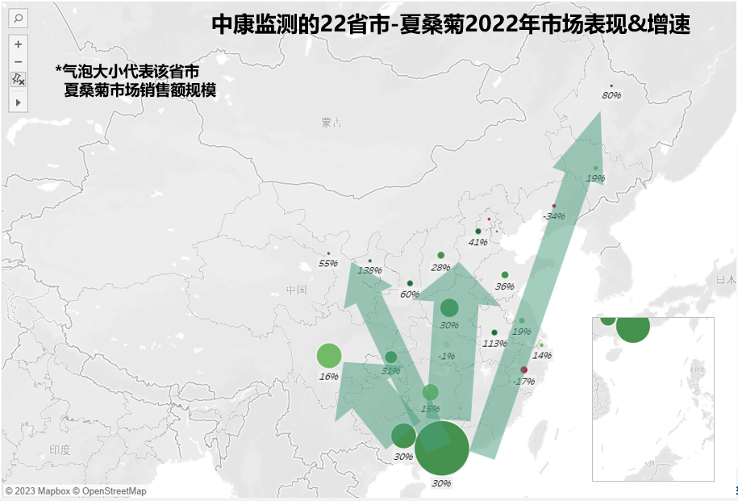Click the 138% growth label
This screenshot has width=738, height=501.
[x=369, y=271]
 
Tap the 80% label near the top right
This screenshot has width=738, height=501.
[x=611, y=96]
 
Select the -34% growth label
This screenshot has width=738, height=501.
[x=553, y=216]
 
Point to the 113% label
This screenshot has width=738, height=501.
[x=494, y=344]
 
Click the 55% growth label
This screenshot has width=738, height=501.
[x=327, y=264]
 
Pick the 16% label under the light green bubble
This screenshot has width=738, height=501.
[x=328, y=377]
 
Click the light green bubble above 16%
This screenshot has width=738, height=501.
[x=329, y=355]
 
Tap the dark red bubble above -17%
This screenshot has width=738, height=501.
[x=523, y=370]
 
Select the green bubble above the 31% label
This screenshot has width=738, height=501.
[x=391, y=357]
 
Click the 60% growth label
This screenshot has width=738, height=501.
[x=409, y=294]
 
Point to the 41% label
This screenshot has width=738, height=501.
[x=478, y=242]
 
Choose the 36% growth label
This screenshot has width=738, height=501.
[x=504, y=286]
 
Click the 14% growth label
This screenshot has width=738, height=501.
[x=542, y=356]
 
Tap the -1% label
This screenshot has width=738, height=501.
[x=446, y=356]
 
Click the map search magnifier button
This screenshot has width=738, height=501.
[x=18, y=18]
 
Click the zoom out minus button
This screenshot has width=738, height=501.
[x=18, y=61]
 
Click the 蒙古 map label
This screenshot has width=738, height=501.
[x=331, y=123]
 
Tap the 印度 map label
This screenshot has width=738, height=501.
[x=60, y=450]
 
